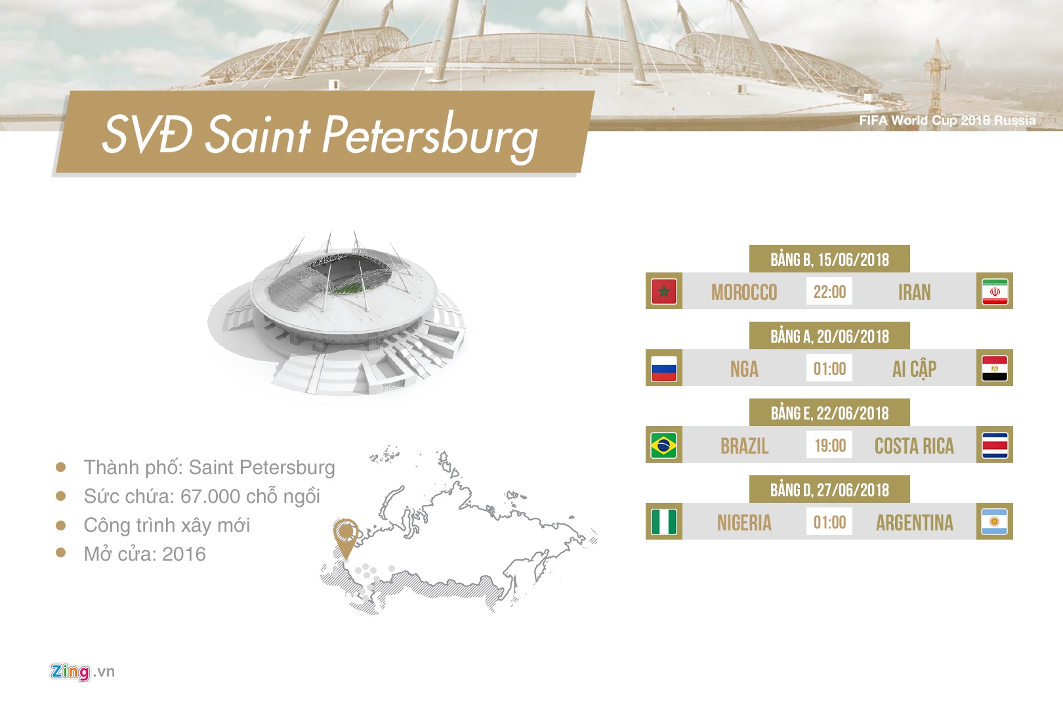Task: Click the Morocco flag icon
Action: [x=664, y=291]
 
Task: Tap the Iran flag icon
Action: [x=995, y=291]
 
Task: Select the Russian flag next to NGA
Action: [x=664, y=368]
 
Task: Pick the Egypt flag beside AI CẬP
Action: [x=995, y=368]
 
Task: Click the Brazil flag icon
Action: [x=664, y=445]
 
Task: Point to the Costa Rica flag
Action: [x=995, y=445]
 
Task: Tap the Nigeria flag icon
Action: [x=664, y=521]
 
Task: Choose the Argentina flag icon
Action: [x=995, y=521]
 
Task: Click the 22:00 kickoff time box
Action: [x=829, y=291]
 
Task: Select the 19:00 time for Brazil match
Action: [x=830, y=445]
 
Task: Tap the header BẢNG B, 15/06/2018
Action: [x=829, y=259]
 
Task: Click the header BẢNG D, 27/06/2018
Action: [x=829, y=490]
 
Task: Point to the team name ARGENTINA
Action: [x=915, y=523]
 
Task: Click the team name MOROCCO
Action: [x=744, y=293]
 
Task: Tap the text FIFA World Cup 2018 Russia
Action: [x=948, y=120]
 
